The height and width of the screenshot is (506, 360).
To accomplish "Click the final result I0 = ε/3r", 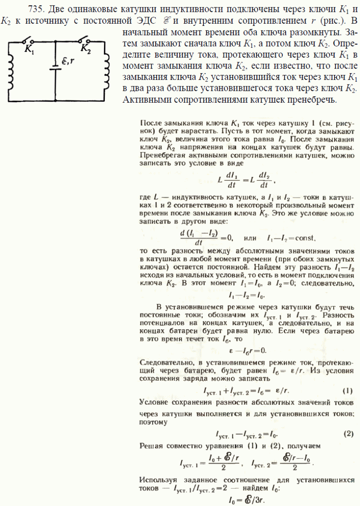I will tap(247, 501).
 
